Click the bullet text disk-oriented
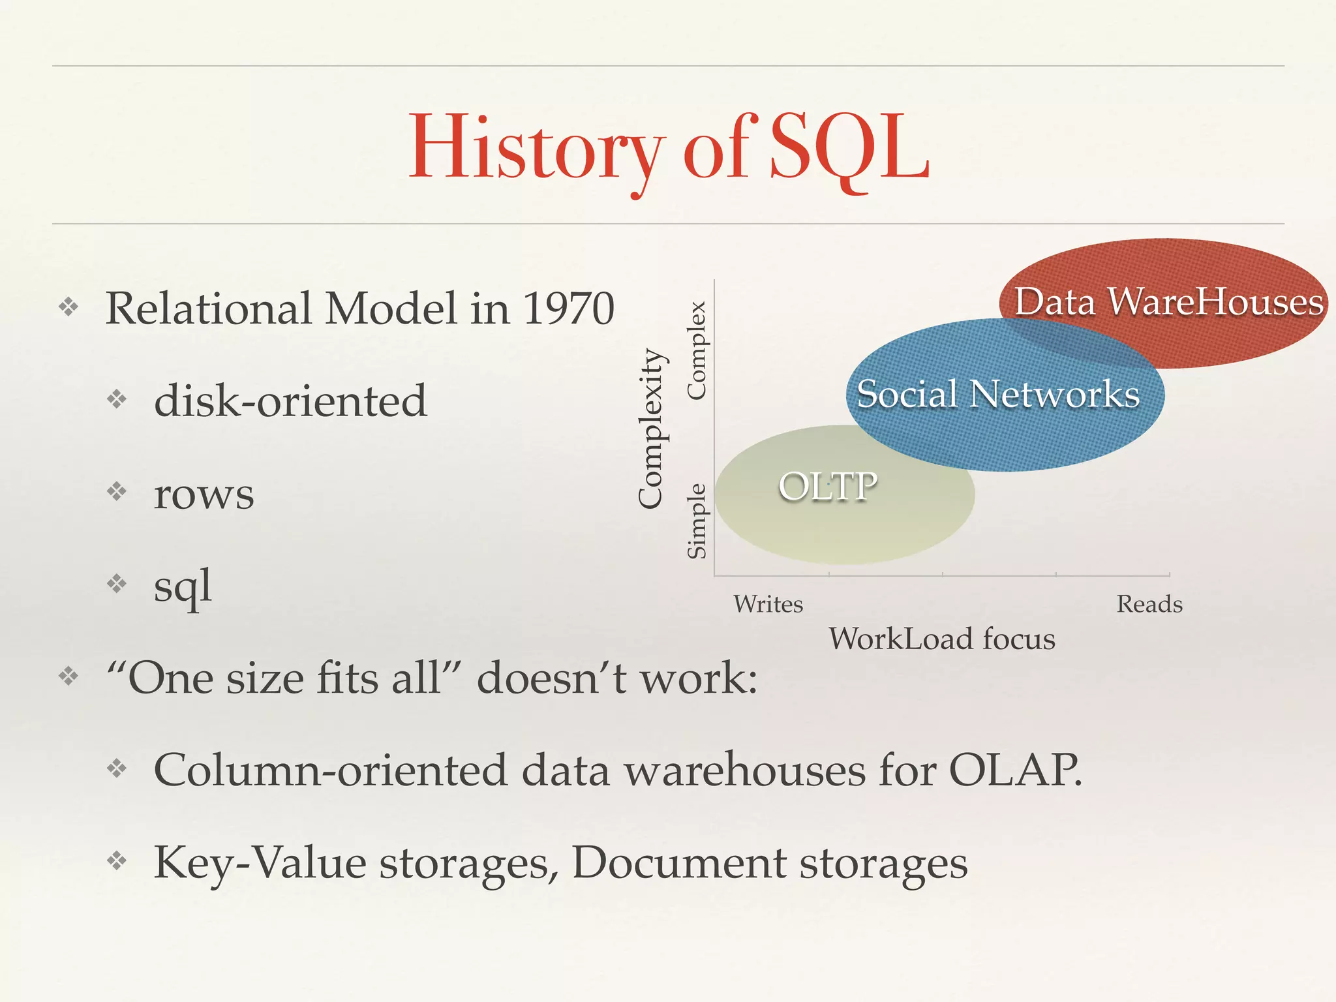click(290, 401)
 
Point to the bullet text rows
click(204, 494)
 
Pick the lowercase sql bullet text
click(183, 586)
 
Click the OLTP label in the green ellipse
click(828, 487)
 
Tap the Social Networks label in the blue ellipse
click(998, 394)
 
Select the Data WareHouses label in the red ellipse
click(1168, 301)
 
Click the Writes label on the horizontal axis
click(768, 604)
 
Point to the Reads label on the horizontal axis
click(1149, 604)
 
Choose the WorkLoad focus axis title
click(942, 639)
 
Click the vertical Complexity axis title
click(651, 429)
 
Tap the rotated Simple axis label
click(697, 521)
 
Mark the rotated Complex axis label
click(697, 350)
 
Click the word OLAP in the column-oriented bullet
click(1014, 770)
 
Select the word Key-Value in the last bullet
click(260, 863)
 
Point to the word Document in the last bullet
click(678, 863)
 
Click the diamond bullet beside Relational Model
click(68, 307)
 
